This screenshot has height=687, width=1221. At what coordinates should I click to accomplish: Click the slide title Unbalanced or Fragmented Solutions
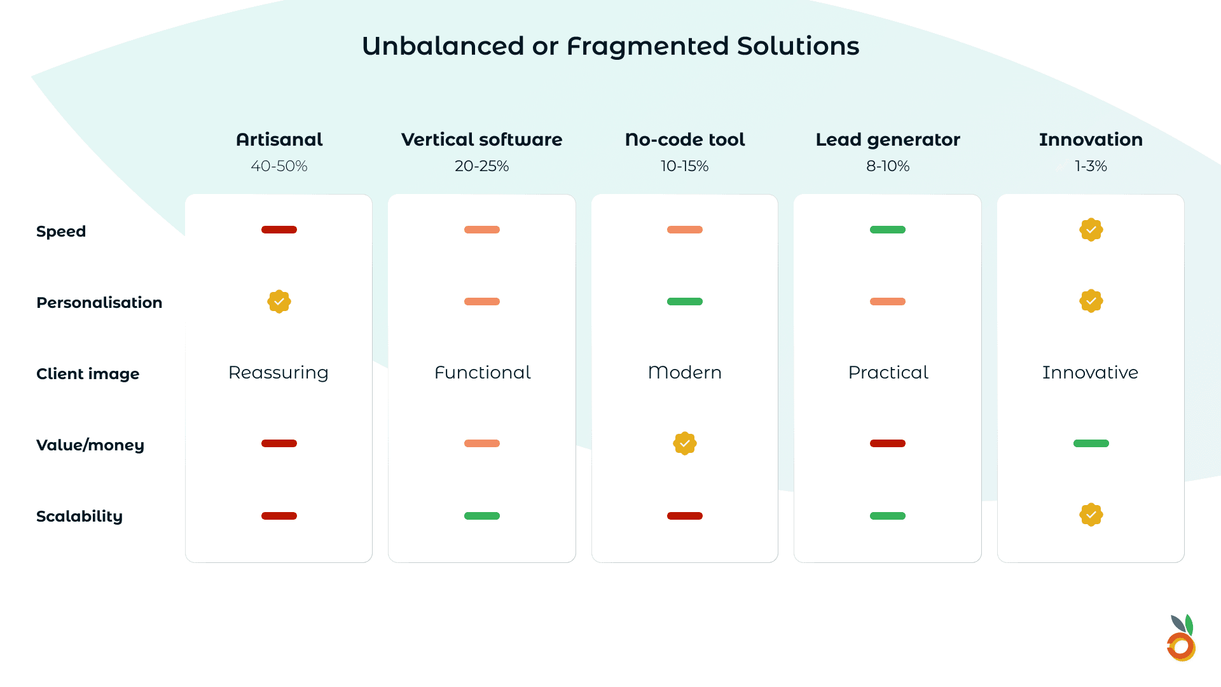click(610, 46)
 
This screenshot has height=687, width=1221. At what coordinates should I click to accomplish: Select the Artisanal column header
click(279, 139)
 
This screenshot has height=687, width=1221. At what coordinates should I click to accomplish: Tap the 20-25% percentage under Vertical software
click(481, 166)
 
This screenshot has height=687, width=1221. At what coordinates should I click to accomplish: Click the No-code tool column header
click(684, 139)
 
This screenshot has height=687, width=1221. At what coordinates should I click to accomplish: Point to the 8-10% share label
click(887, 166)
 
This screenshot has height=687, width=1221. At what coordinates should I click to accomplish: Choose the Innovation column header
click(1091, 139)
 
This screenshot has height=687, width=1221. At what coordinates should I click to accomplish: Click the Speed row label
click(61, 232)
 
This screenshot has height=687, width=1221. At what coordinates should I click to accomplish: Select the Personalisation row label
click(99, 303)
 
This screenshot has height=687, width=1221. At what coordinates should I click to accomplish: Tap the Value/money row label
click(90, 445)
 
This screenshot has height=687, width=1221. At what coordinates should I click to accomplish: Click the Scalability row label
click(79, 517)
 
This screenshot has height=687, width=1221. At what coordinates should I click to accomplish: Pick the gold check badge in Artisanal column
click(279, 302)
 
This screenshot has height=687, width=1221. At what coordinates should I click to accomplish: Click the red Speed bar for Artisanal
click(279, 230)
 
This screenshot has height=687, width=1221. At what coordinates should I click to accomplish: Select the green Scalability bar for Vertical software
click(481, 516)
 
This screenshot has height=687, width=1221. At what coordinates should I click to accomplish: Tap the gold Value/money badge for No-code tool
click(684, 443)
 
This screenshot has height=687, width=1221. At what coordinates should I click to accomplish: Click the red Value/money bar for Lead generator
click(887, 443)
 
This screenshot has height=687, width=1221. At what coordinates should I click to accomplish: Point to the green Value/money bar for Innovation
click(1091, 443)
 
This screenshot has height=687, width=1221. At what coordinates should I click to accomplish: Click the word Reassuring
click(279, 373)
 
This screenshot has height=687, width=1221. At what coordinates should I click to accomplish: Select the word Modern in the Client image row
click(684, 373)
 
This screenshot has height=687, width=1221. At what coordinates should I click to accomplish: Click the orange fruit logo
click(1181, 639)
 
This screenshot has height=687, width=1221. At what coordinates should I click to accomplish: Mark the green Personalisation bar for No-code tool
click(684, 302)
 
